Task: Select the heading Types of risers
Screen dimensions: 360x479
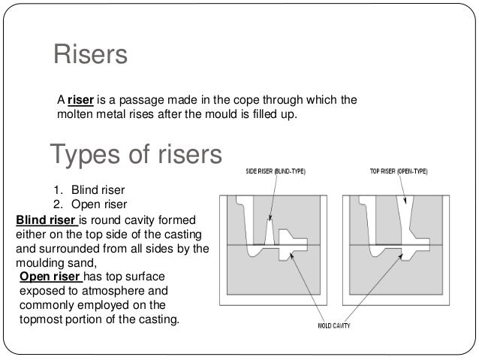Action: point(136,156)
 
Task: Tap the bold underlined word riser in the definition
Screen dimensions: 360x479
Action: point(80,101)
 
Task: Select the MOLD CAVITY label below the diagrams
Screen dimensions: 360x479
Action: point(333,327)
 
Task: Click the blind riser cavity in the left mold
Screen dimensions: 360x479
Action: point(270,226)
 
